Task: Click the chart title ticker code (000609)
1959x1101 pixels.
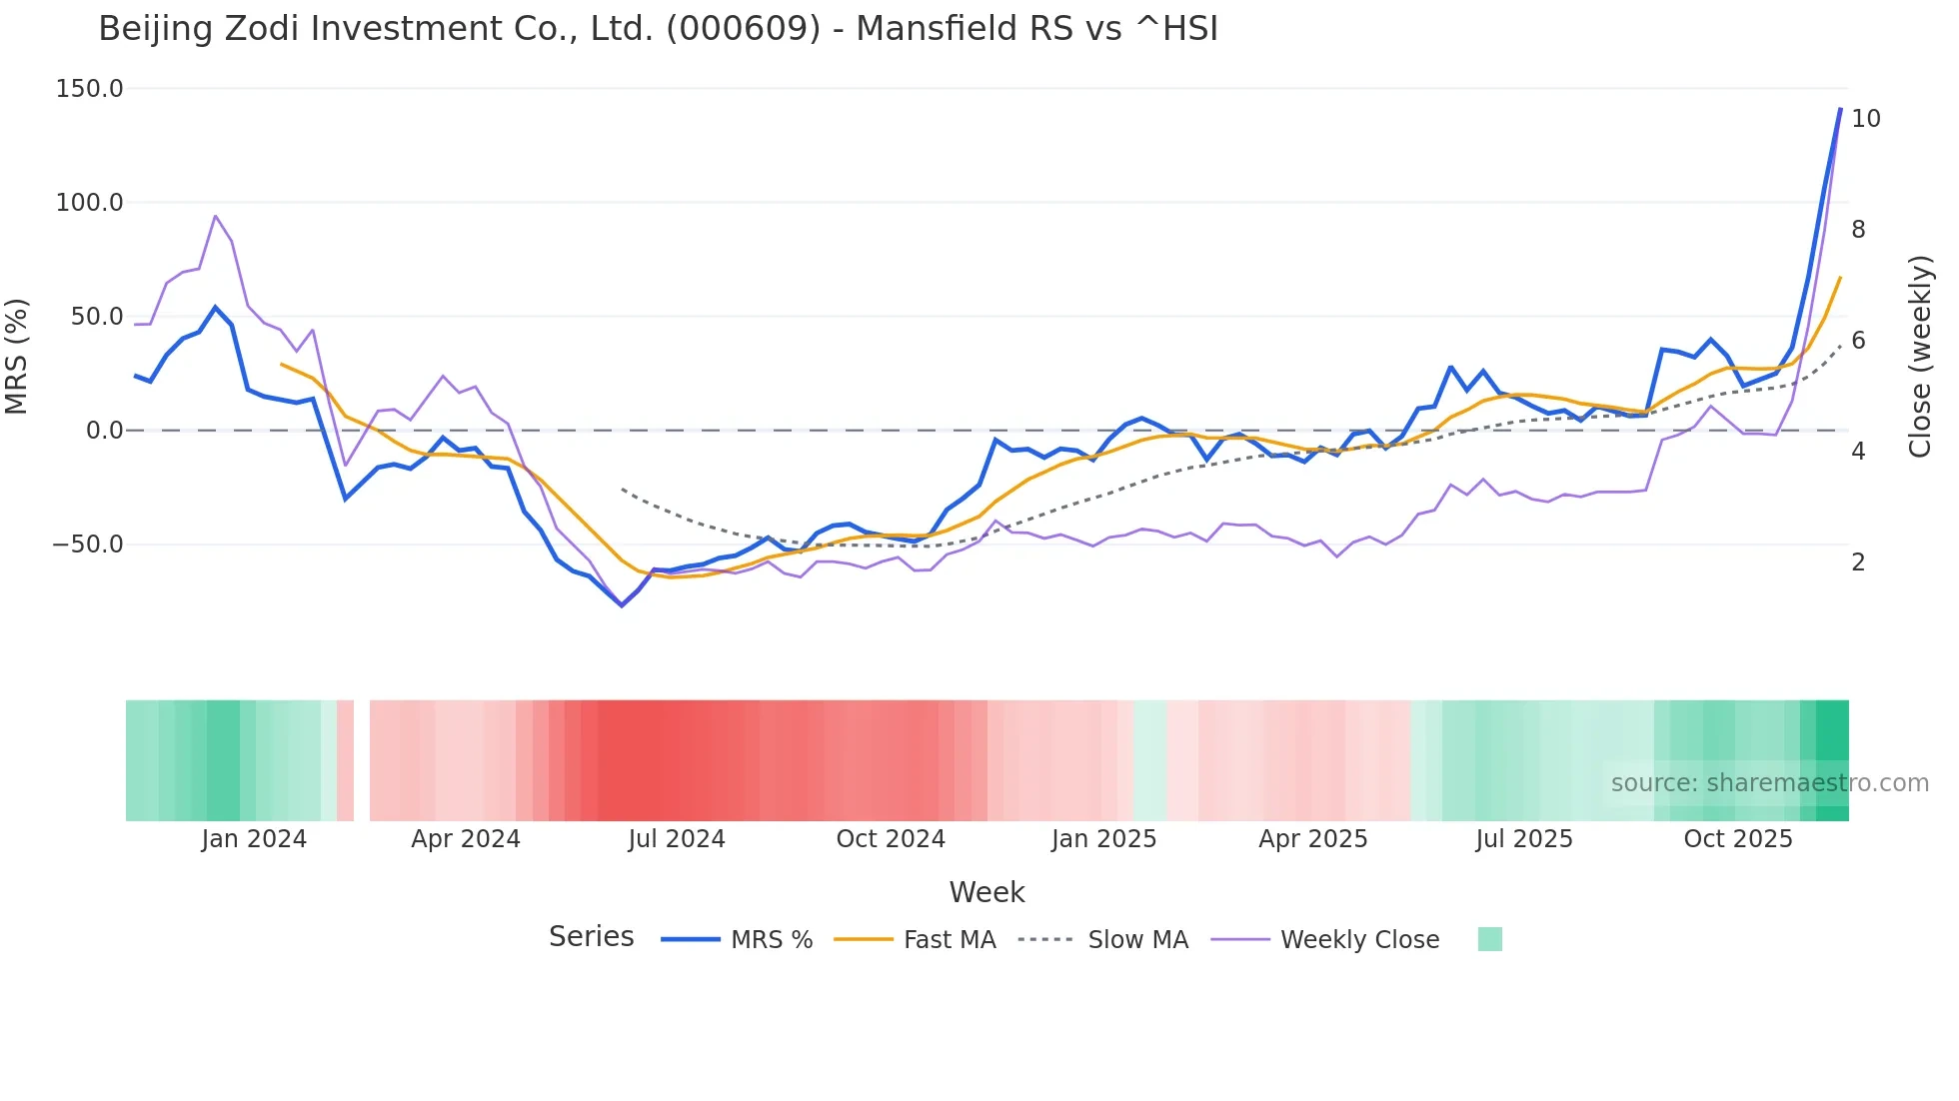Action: [x=743, y=29]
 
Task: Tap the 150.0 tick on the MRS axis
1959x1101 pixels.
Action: [x=90, y=89]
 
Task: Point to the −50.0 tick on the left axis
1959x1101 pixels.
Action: [x=88, y=545]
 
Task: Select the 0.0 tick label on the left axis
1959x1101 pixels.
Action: [x=104, y=431]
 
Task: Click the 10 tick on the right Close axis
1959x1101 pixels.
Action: [x=1865, y=119]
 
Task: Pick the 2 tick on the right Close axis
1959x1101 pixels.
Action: [x=1858, y=562]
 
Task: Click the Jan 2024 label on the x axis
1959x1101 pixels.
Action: [x=254, y=839]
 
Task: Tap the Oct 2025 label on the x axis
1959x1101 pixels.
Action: [x=1738, y=839]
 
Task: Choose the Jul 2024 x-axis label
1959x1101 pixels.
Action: [x=677, y=839]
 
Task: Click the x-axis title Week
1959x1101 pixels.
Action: [x=986, y=892]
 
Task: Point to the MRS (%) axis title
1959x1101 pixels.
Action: [x=17, y=356]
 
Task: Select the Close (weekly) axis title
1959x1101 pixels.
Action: [x=1919, y=357]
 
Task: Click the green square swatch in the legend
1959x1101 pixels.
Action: [x=1489, y=939]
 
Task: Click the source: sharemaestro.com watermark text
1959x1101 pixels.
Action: [x=1769, y=783]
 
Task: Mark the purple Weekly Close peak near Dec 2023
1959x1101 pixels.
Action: [x=215, y=216]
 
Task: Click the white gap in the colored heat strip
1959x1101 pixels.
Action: [x=362, y=760]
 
